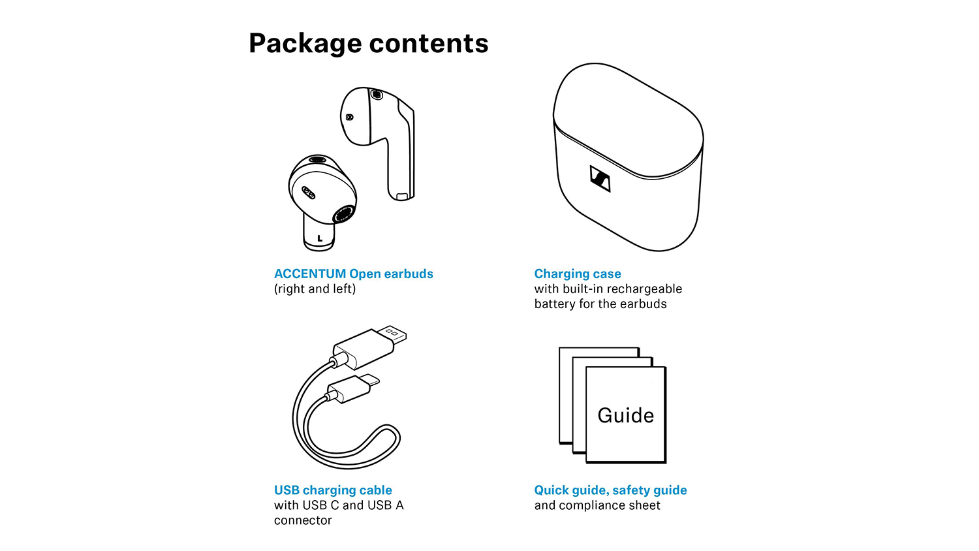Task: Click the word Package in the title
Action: pyautogui.click(x=305, y=44)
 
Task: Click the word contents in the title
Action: pyautogui.click(x=429, y=43)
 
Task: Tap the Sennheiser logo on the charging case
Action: pyautogui.click(x=600, y=178)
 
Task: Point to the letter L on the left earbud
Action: pyautogui.click(x=320, y=238)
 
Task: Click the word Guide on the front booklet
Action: pyautogui.click(x=625, y=415)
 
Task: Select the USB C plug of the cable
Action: pyautogui.click(x=354, y=388)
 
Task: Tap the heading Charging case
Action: pyautogui.click(x=578, y=274)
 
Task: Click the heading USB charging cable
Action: pyautogui.click(x=333, y=490)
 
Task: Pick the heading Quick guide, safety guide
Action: pyautogui.click(x=610, y=490)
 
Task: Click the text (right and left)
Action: pyautogui.click(x=315, y=289)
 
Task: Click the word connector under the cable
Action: pyautogui.click(x=303, y=520)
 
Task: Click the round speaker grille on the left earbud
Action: pyautogui.click(x=343, y=214)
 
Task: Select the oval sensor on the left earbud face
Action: pyautogui.click(x=309, y=191)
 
